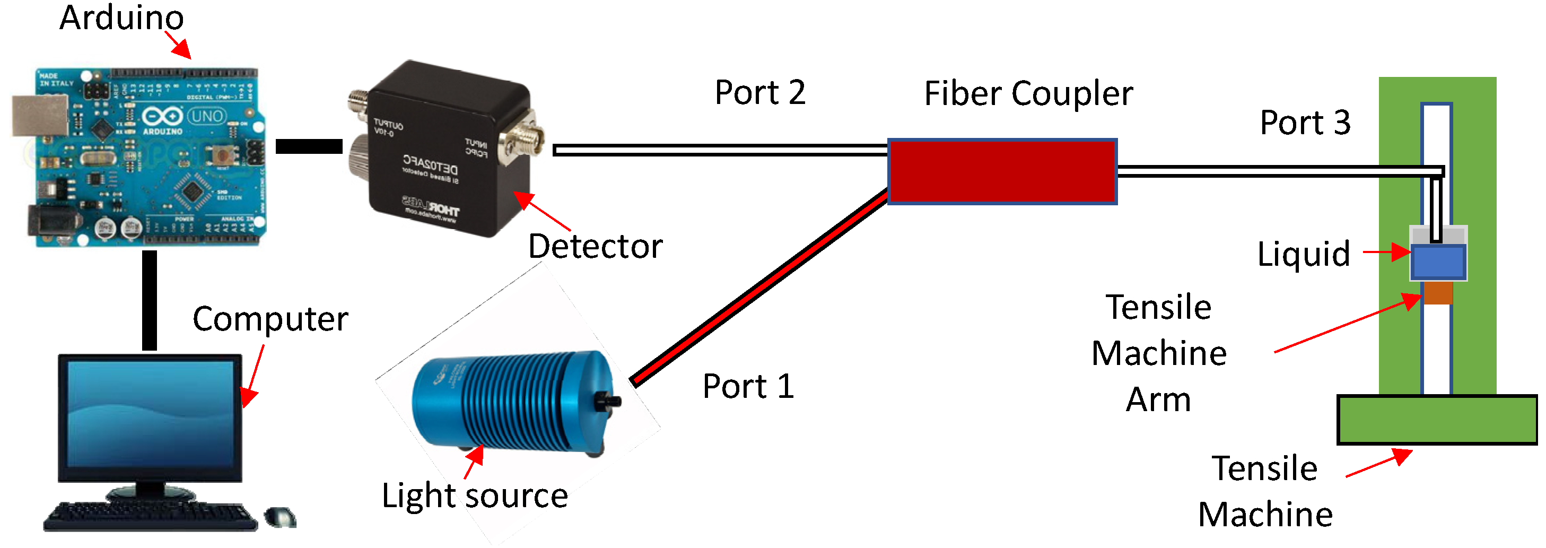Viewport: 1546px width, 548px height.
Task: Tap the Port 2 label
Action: coord(760,93)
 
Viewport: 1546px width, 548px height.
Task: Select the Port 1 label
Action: coord(748,386)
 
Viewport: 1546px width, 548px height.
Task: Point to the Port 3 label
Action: coord(1305,123)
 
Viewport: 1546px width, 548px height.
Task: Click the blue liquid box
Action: coord(1438,262)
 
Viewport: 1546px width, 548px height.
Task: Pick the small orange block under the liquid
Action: coord(1438,293)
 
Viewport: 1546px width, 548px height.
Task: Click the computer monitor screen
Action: coord(150,414)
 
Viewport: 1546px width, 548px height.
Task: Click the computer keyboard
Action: coord(150,516)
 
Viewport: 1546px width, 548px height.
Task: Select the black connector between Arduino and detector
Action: coord(309,146)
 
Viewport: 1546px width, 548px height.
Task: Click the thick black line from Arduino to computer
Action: coord(150,300)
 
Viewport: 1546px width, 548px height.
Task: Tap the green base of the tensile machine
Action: coord(1437,420)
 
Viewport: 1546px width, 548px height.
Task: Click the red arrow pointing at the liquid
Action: coord(1386,252)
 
